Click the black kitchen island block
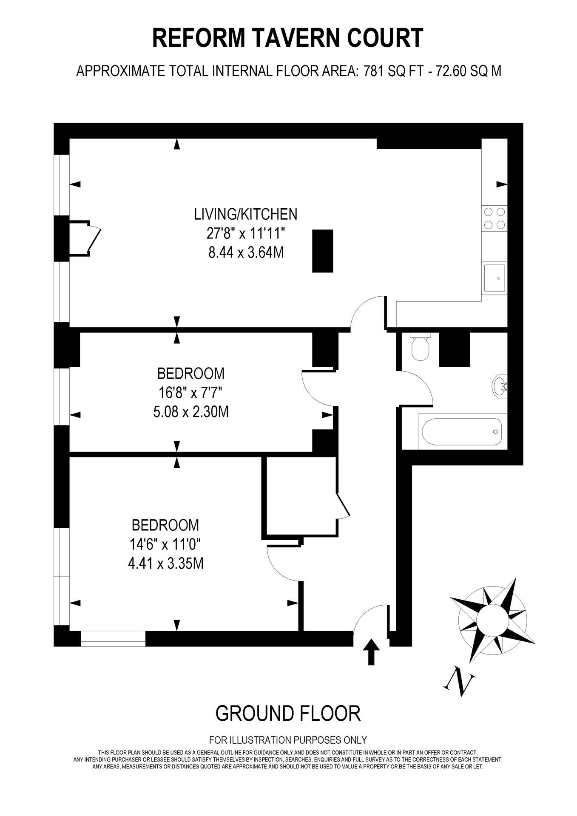[322, 251]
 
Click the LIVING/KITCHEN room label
[245, 214]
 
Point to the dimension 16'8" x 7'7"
[191, 393]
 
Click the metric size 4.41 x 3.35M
[165, 564]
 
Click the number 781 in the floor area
[373, 71]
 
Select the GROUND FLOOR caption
[288, 713]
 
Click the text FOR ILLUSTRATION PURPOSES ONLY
[288, 740]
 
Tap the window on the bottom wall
[113, 639]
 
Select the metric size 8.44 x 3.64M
[245, 253]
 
